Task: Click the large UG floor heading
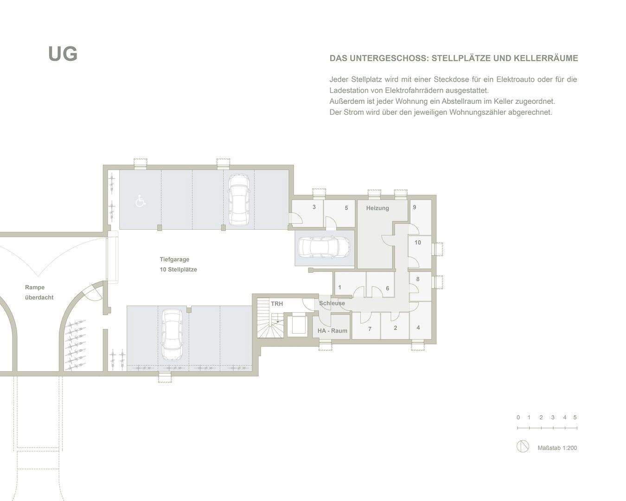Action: [x=63, y=54]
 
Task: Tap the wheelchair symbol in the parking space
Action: [x=140, y=201]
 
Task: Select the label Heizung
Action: [x=377, y=208]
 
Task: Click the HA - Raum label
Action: [x=332, y=331]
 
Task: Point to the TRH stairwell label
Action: [x=277, y=304]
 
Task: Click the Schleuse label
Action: [x=332, y=303]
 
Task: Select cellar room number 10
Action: [x=417, y=242]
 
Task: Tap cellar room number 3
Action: [x=314, y=207]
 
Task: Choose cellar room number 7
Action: [x=370, y=329]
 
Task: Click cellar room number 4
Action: [x=418, y=328]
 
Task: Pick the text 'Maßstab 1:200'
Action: [x=557, y=448]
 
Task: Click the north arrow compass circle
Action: [x=523, y=446]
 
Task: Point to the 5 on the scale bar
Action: [x=575, y=417]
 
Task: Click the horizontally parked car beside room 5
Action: [x=324, y=248]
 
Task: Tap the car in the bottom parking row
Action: [x=172, y=334]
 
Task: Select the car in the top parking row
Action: [x=239, y=199]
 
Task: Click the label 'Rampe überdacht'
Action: [x=39, y=292]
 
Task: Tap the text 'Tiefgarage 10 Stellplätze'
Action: [x=178, y=264]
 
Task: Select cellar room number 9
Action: [x=414, y=207]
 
